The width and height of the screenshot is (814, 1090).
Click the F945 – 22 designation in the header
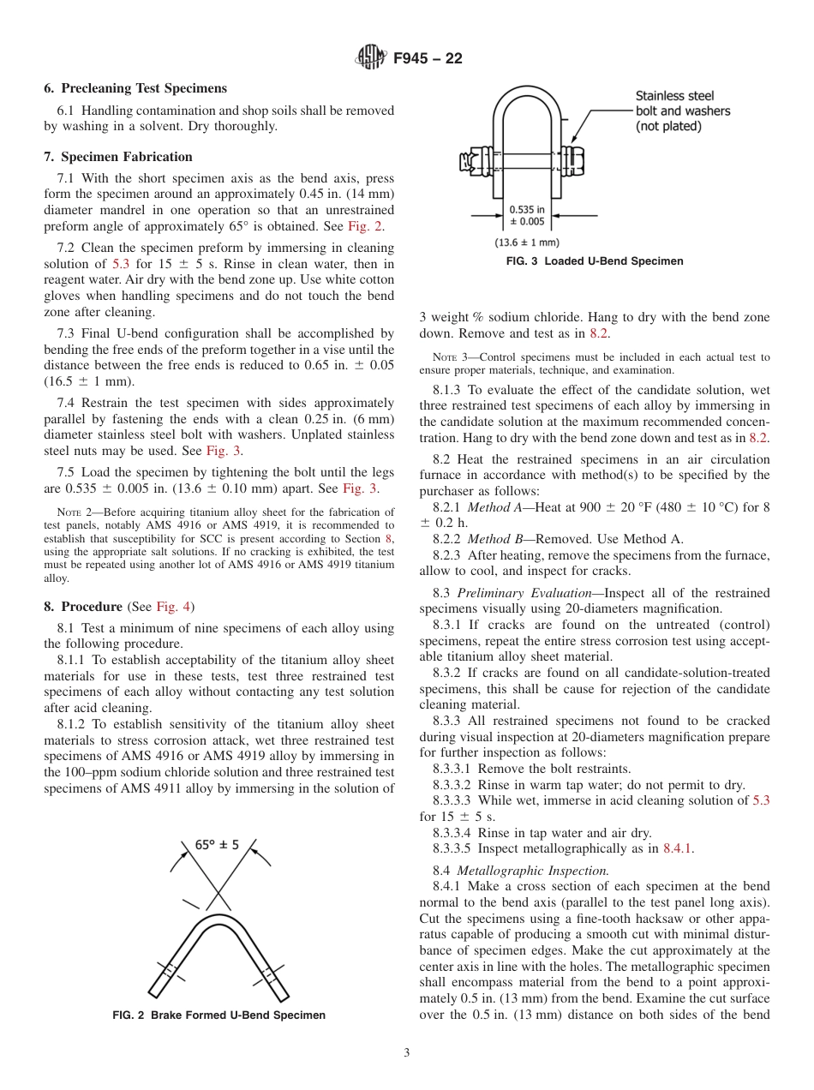pos(428,58)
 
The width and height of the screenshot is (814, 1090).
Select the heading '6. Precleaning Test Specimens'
pos(135,88)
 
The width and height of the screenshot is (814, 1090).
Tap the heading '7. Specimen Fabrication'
pos(118,157)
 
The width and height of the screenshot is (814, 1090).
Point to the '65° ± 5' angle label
pos(217,844)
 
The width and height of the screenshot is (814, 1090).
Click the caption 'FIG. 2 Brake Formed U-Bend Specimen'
pos(219,1015)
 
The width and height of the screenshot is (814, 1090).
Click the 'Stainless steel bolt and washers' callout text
pos(682,111)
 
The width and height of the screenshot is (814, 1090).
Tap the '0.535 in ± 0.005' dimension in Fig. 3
pos(526,215)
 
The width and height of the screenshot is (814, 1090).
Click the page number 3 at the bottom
pos(407,1053)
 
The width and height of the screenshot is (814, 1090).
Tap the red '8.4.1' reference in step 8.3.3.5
pos(679,848)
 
